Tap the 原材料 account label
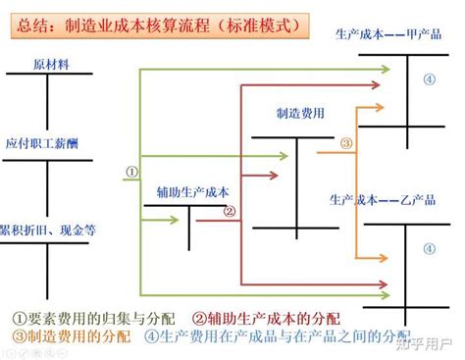tap(50, 64)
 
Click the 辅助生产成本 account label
tap(192, 192)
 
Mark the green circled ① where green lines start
tap(130, 171)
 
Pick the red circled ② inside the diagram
tap(229, 210)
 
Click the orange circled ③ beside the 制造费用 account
tap(345, 143)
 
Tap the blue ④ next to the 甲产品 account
tap(428, 80)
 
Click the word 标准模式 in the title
tap(261, 23)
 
